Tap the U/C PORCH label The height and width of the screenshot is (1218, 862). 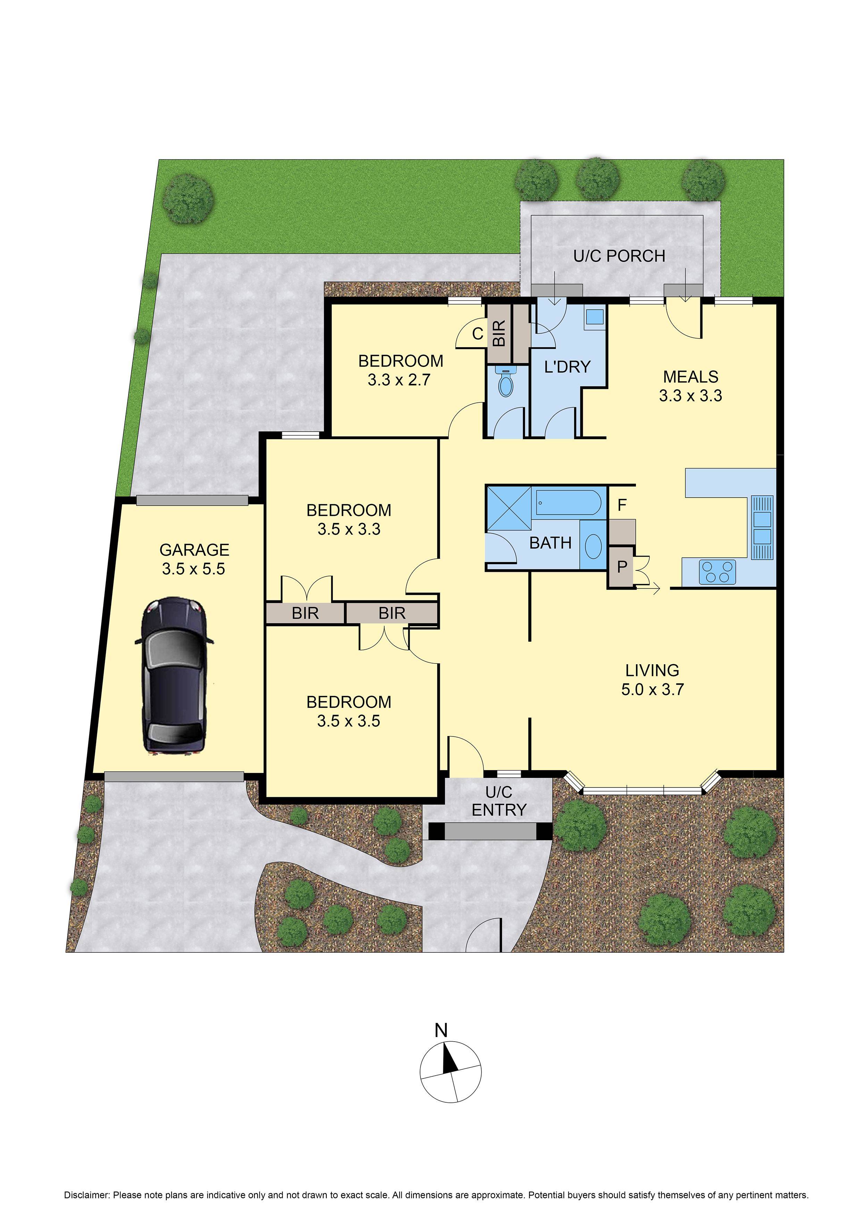click(x=619, y=256)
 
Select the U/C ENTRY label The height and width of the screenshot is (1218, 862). click(x=499, y=801)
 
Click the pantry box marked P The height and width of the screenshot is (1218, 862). click(x=621, y=567)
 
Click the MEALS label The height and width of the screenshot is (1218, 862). click(x=690, y=377)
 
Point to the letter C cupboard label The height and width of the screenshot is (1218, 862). click(x=477, y=334)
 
